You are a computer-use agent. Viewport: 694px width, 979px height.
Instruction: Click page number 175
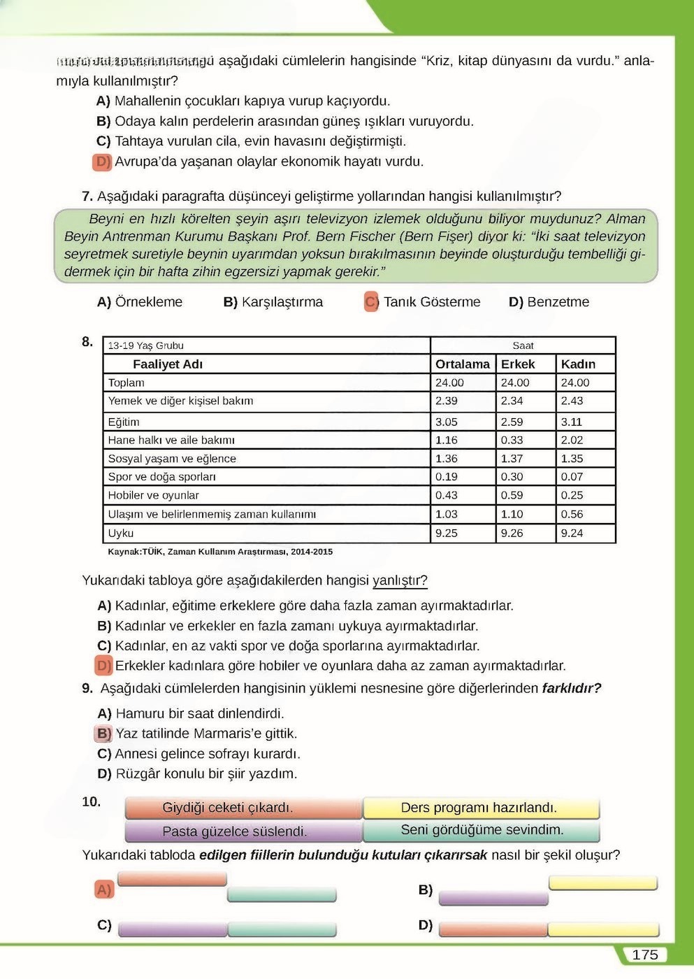[644, 955]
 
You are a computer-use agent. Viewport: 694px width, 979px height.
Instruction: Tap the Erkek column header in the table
[517, 364]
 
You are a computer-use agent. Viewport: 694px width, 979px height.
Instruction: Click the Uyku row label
[121, 533]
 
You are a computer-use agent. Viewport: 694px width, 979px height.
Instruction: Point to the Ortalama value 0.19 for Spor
[446, 477]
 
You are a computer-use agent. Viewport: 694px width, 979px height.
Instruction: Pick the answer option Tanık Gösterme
[431, 302]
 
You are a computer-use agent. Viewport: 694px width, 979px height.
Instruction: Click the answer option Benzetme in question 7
[557, 302]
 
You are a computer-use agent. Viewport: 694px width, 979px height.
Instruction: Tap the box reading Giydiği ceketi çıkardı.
[228, 808]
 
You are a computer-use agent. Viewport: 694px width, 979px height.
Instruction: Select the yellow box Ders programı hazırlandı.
[479, 808]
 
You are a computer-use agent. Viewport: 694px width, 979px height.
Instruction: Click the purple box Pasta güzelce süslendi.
[234, 831]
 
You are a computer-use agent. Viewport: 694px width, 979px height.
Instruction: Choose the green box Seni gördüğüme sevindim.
[482, 830]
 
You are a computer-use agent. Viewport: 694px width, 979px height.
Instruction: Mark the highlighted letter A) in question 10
[103, 889]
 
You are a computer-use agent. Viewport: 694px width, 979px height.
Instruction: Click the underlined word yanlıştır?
[400, 580]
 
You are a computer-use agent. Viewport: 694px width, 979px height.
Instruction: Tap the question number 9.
[87, 688]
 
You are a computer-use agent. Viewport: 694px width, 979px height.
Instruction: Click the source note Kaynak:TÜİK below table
[219, 552]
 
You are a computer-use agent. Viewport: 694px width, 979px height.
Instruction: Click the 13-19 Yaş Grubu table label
[145, 345]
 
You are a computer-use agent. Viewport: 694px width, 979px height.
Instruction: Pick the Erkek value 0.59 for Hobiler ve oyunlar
[512, 495]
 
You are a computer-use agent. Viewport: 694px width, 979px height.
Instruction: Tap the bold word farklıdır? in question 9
[571, 688]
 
